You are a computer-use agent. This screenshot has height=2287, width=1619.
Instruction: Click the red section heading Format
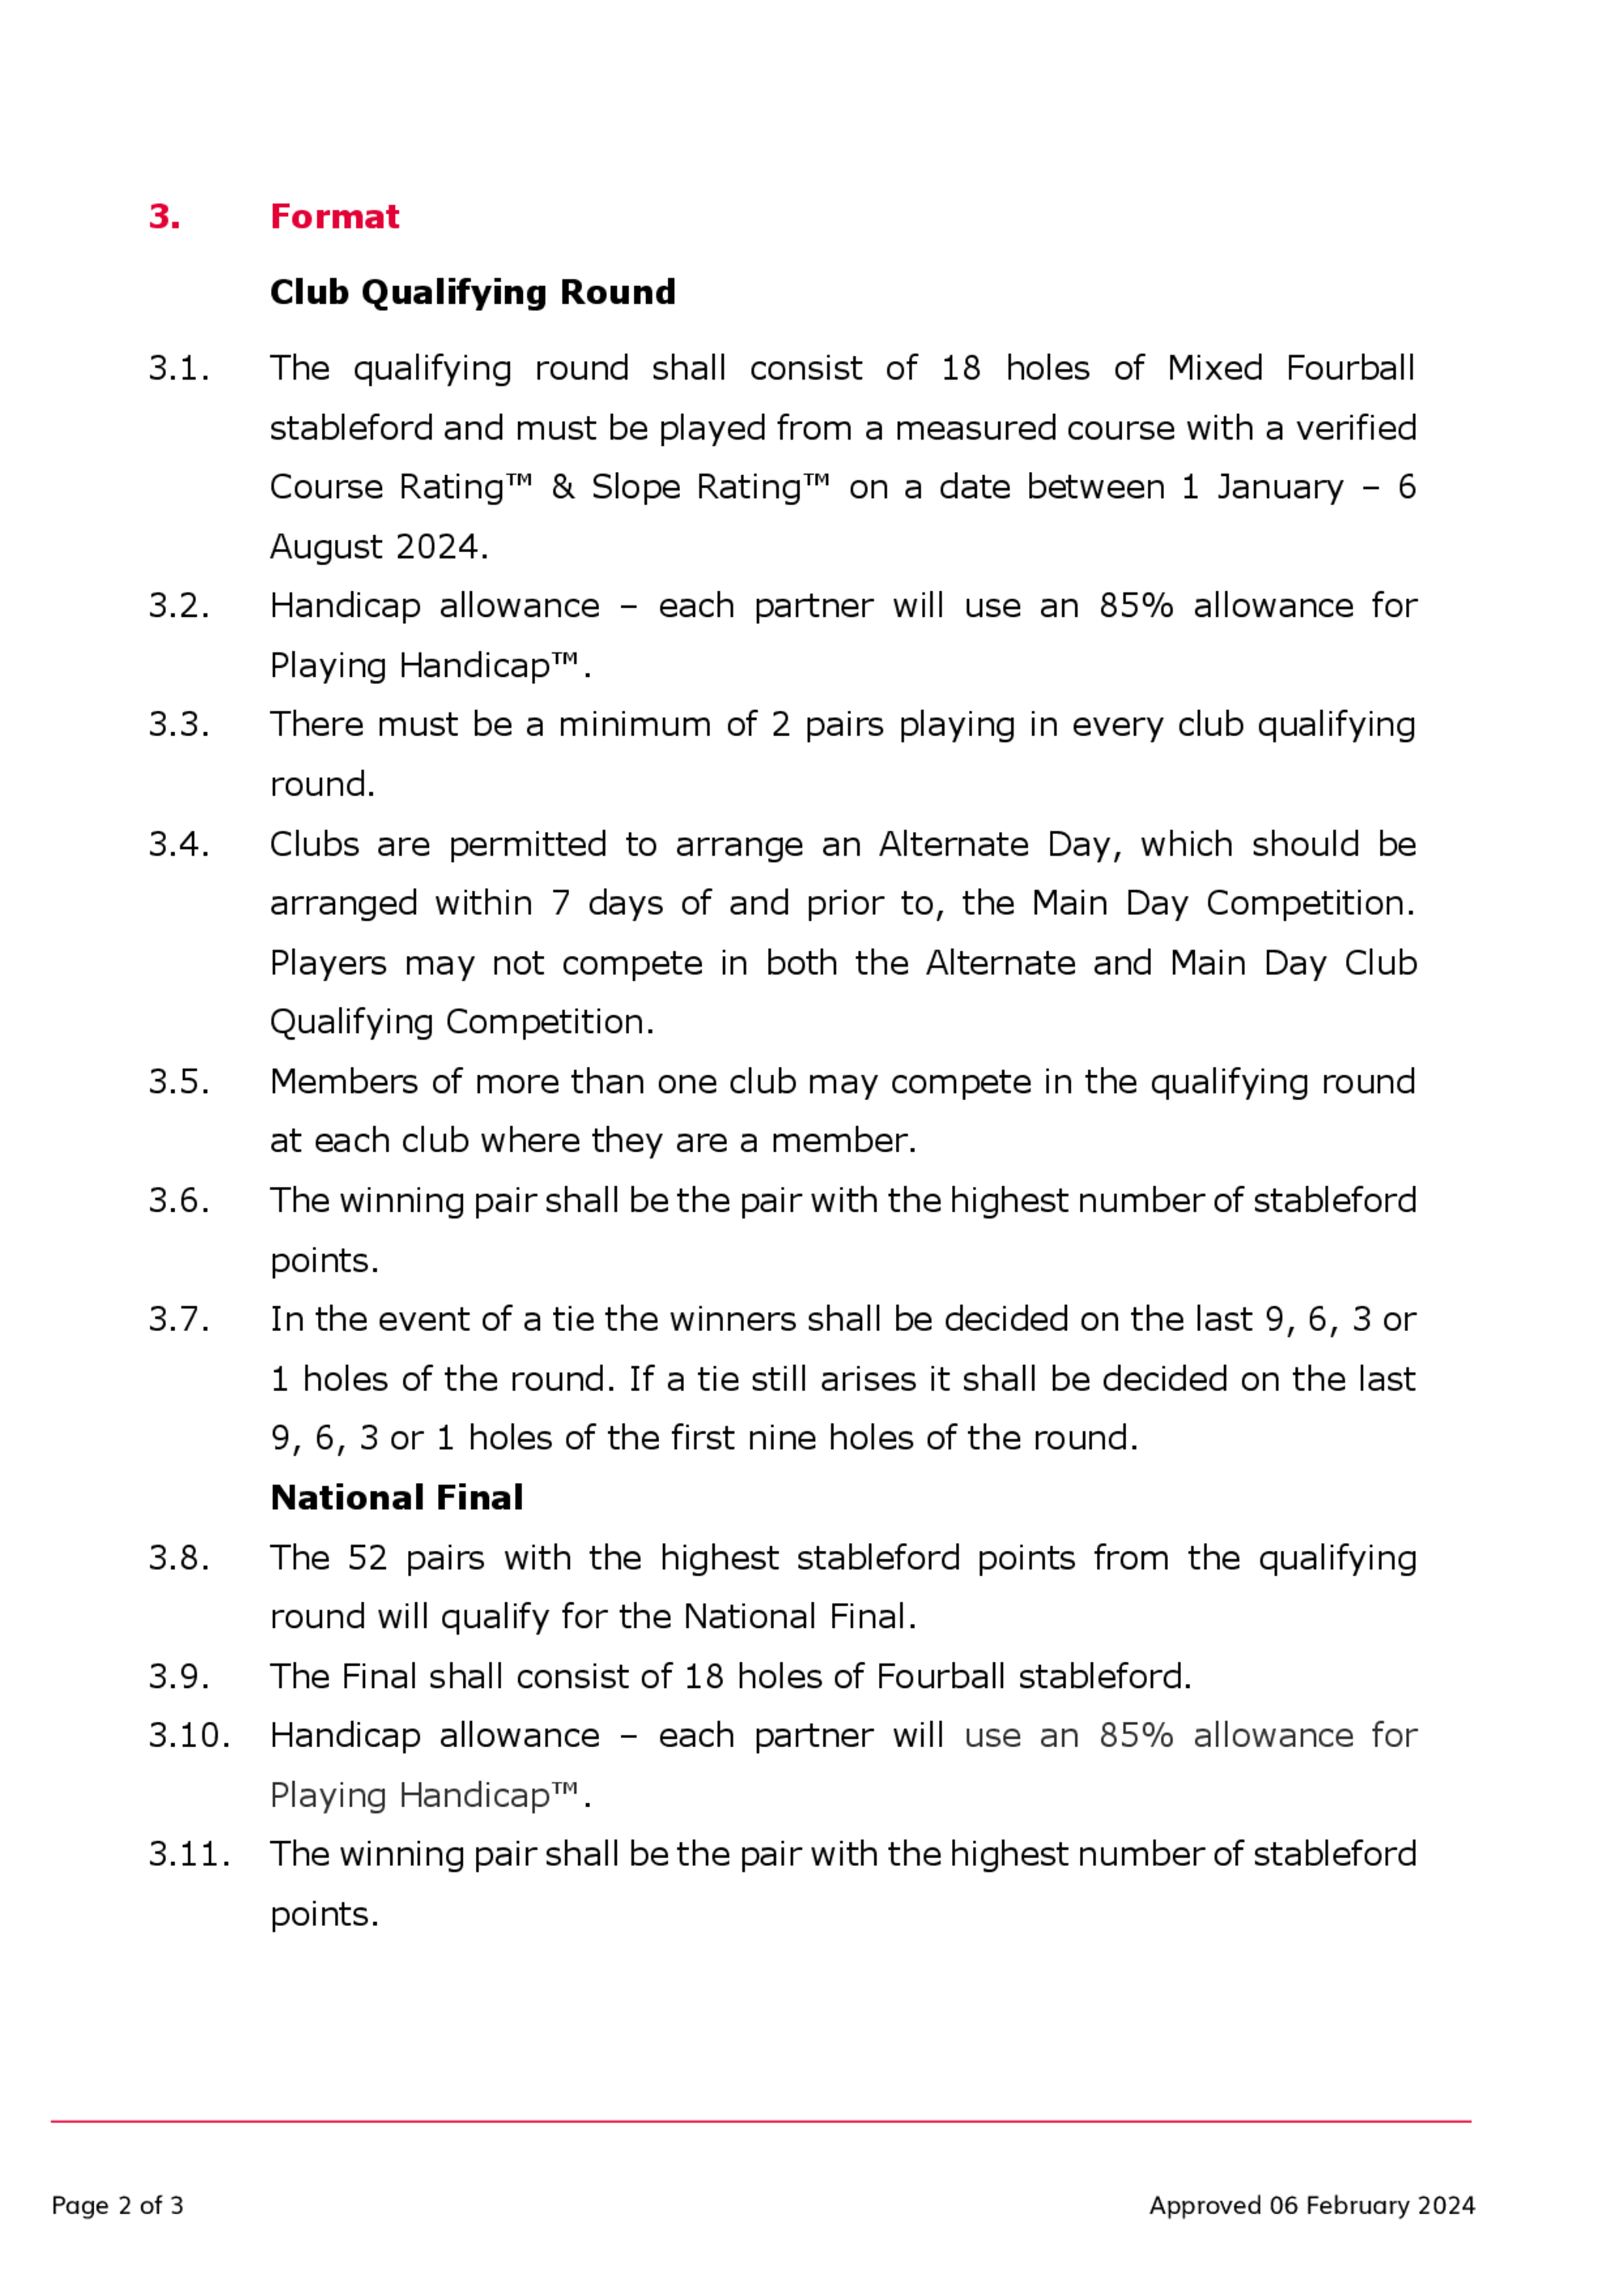click(x=334, y=216)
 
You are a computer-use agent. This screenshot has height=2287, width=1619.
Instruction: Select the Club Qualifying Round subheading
click(x=473, y=292)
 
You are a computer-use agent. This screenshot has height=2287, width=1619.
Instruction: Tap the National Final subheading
click(x=396, y=1498)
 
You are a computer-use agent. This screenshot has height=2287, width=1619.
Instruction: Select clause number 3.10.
click(x=189, y=1736)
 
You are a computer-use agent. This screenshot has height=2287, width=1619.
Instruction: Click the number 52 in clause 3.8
click(x=367, y=1558)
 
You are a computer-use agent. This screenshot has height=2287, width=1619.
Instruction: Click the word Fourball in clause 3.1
click(x=1349, y=369)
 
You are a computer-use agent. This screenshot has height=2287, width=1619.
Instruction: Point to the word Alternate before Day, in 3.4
click(x=953, y=844)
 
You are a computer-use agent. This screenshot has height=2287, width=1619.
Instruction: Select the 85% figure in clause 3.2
click(x=1136, y=606)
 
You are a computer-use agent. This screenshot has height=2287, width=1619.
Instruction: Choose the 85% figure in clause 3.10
click(x=1136, y=1736)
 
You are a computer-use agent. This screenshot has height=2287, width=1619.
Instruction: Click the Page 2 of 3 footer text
click(x=117, y=2205)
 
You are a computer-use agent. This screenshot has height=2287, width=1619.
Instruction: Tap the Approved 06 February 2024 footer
click(x=1311, y=2205)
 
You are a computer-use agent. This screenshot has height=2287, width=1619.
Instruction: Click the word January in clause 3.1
click(x=1279, y=487)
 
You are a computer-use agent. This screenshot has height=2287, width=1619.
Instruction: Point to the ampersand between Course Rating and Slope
click(x=563, y=487)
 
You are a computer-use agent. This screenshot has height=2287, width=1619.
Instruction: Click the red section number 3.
click(x=164, y=216)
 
